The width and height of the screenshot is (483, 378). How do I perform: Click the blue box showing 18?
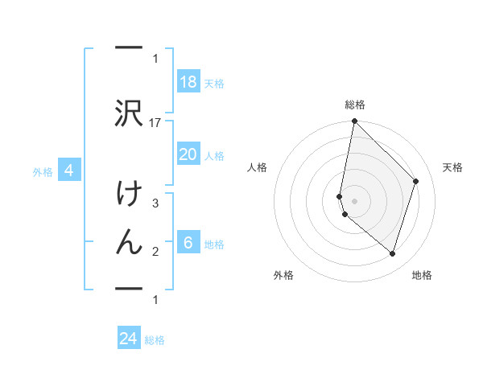[188, 81]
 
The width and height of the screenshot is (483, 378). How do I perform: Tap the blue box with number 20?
[188, 154]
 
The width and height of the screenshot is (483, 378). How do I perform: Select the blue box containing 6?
[188, 243]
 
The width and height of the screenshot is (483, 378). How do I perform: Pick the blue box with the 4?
[69, 171]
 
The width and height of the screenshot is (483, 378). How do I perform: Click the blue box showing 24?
[129, 339]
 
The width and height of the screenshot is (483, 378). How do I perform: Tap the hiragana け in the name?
[129, 196]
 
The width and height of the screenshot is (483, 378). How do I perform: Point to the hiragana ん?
[129, 242]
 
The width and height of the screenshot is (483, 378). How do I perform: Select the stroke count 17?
[156, 122]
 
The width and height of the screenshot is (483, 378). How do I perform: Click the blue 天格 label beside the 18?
[213, 83]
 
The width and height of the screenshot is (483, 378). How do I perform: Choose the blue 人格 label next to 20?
[213, 155]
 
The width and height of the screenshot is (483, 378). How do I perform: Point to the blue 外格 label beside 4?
[43, 171]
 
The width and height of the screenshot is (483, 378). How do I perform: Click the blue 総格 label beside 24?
[155, 340]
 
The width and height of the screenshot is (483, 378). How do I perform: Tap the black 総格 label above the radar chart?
[355, 105]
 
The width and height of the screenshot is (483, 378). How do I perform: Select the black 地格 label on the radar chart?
[422, 275]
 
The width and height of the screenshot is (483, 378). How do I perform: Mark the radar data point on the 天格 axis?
[416, 181]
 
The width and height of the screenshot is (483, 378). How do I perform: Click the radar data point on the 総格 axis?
[355, 121]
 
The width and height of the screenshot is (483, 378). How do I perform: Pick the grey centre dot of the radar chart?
[355, 200]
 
